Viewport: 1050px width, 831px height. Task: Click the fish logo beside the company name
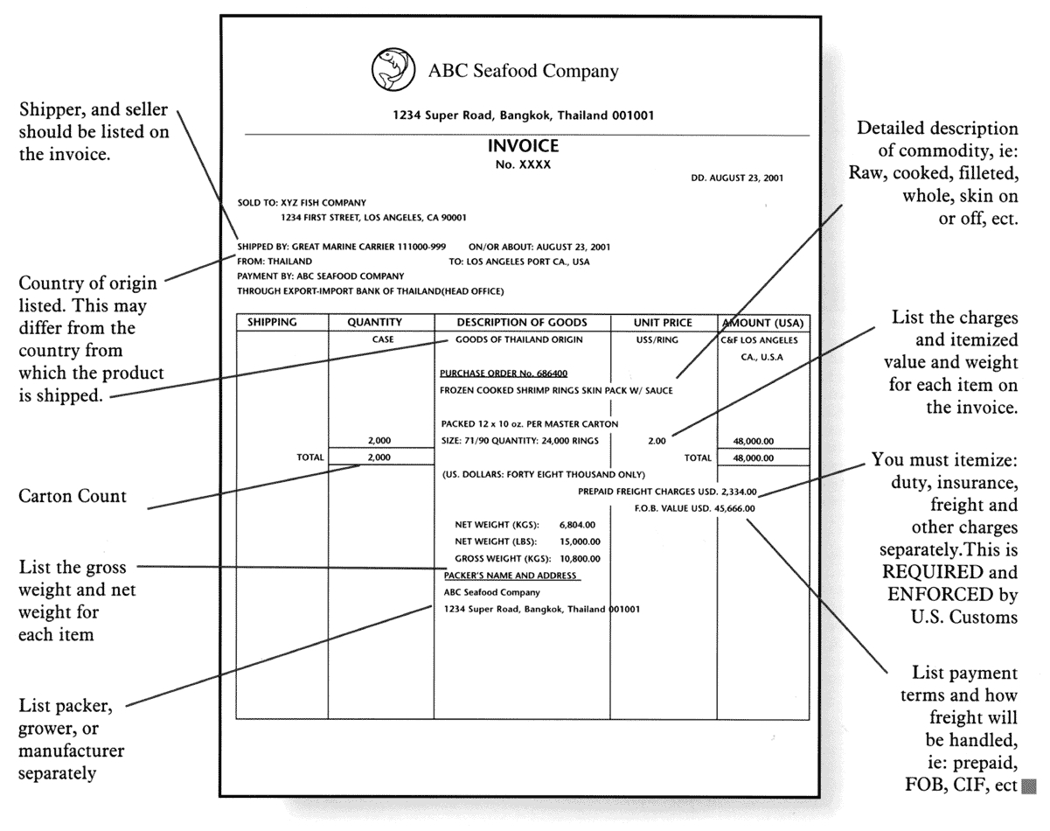pyautogui.click(x=391, y=69)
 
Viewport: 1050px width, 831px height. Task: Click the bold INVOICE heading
pyautogui.click(x=523, y=146)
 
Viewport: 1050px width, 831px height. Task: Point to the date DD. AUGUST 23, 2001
pyautogui.click(x=737, y=178)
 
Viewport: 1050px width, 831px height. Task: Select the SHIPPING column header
pyautogui.click(x=272, y=323)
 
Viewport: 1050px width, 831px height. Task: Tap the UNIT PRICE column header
pyautogui.click(x=664, y=323)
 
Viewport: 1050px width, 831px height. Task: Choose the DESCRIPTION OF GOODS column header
pyautogui.click(x=522, y=323)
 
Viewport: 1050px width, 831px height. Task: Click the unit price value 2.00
pyautogui.click(x=657, y=442)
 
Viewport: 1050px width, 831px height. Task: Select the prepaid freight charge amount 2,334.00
pyautogui.click(x=740, y=492)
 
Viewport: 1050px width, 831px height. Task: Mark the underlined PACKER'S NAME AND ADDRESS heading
pyautogui.click(x=511, y=576)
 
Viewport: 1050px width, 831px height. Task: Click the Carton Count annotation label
pyautogui.click(x=73, y=497)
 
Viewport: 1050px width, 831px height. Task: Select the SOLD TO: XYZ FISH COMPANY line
pyautogui.click(x=302, y=203)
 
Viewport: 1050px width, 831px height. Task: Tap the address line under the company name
pyautogui.click(x=523, y=115)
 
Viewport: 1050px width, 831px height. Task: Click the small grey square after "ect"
pyautogui.click(x=1028, y=785)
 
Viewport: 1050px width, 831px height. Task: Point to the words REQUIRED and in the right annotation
pyautogui.click(x=949, y=574)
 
